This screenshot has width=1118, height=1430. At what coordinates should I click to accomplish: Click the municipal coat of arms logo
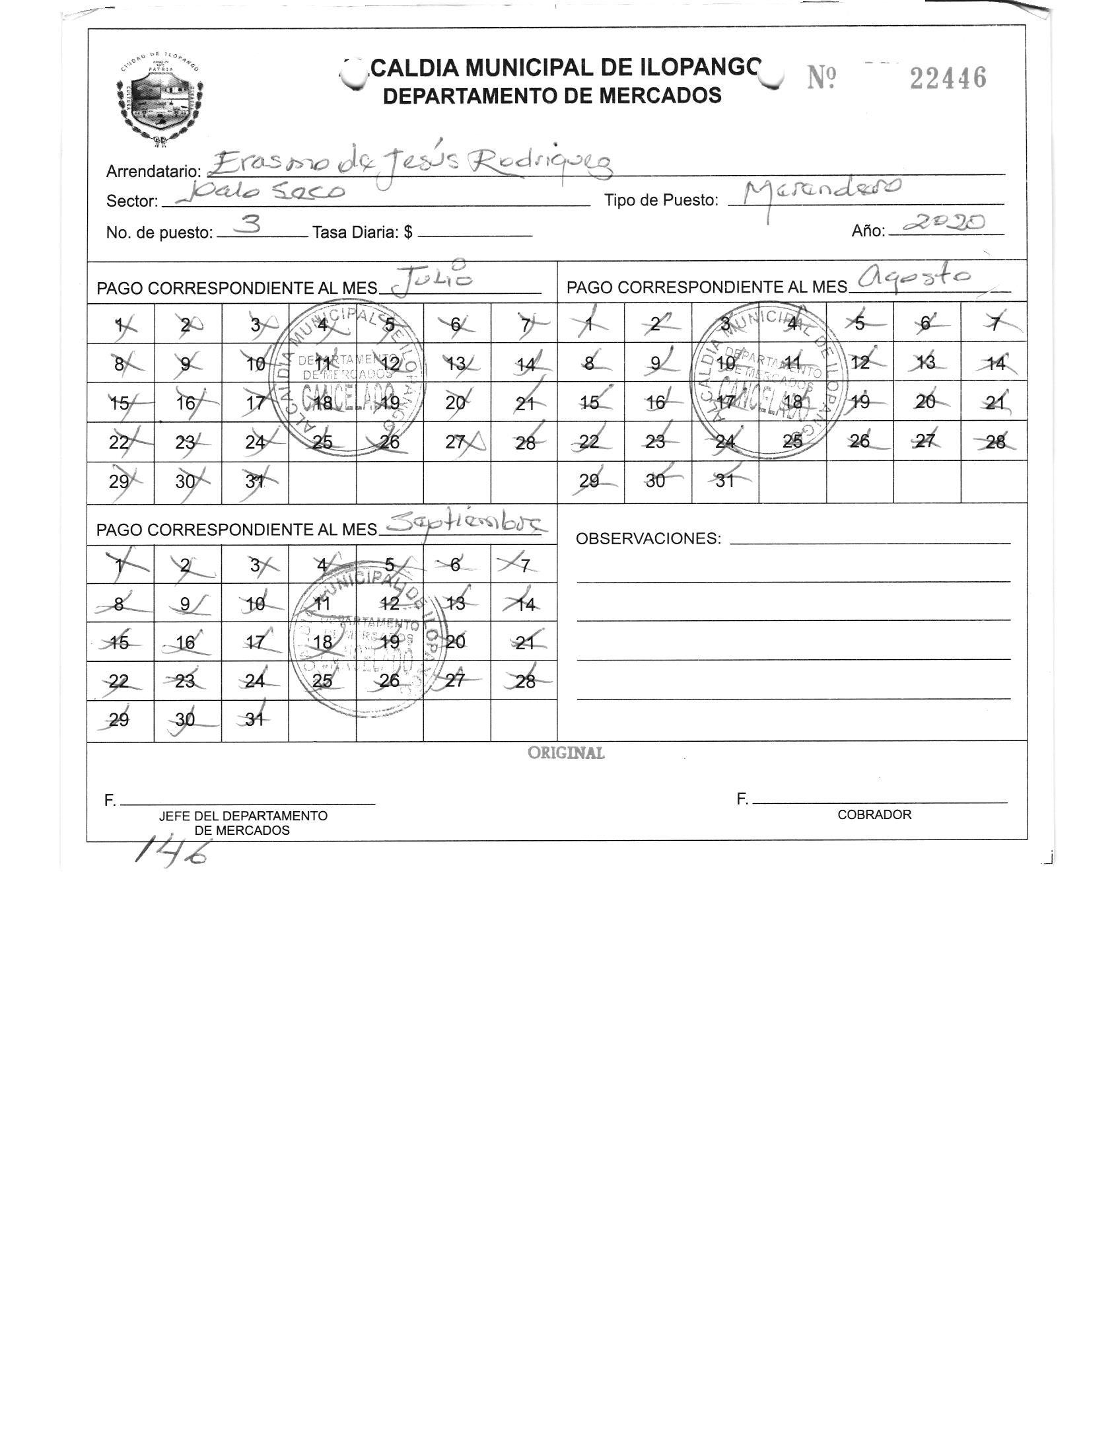point(159,99)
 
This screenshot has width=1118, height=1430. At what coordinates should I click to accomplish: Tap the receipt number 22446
point(948,79)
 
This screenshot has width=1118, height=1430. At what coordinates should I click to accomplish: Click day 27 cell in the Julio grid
point(457,441)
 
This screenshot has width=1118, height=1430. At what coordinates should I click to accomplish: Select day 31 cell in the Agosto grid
point(725,481)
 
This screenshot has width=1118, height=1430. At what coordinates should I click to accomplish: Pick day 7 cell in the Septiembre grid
point(524,565)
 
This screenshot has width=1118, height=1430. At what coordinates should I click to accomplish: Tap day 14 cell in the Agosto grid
point(994,362)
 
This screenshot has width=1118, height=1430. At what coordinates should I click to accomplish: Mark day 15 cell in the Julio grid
point(120,402)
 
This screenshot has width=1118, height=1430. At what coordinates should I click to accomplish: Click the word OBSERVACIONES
point(648,538)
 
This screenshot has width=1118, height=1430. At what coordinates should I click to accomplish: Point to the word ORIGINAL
point(565,753)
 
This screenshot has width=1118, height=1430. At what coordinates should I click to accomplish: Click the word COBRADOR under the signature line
point(874,814)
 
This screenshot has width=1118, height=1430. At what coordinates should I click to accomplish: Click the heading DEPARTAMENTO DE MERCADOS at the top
point(551,96)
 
